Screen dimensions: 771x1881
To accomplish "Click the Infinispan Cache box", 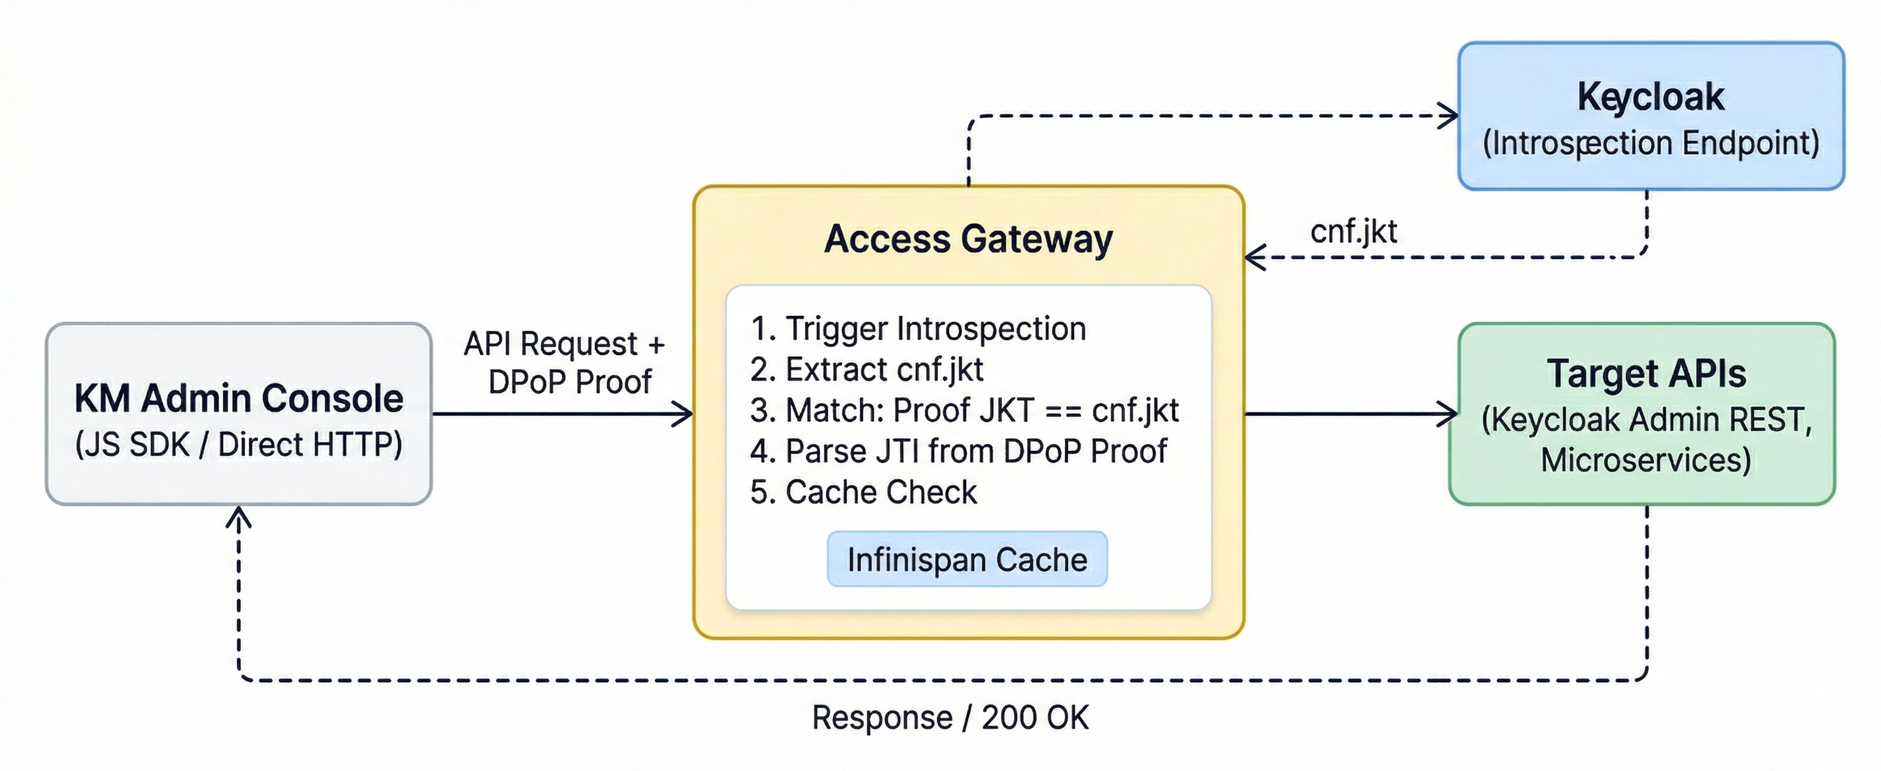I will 967,559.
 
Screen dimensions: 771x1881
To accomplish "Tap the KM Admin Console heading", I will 239,398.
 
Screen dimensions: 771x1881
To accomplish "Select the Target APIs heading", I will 1646,374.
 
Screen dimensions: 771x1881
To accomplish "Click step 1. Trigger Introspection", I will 918,328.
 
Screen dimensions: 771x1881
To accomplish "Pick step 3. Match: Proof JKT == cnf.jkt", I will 964,410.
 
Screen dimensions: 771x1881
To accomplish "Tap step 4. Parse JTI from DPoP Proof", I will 958,451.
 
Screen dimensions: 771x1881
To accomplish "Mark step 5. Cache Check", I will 863,492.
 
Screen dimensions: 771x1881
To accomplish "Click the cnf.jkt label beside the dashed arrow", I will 1353,232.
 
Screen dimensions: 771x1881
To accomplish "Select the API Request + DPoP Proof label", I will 565,363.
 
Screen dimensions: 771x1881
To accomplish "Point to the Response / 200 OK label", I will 950,718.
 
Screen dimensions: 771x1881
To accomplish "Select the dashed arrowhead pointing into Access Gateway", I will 1254,258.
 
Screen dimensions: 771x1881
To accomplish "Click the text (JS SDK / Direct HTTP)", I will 239,445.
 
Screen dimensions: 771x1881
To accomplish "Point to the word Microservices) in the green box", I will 1646,461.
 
